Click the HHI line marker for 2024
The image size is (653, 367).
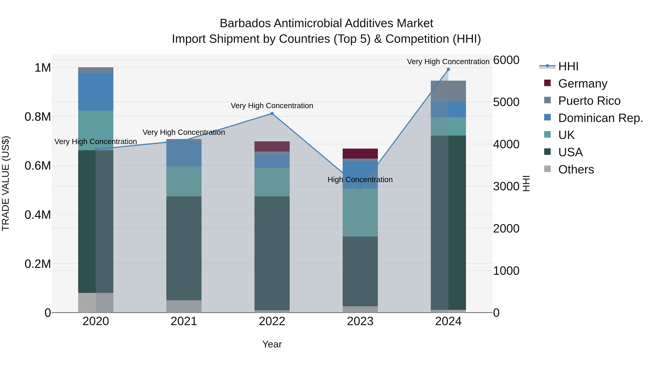coord(448,69)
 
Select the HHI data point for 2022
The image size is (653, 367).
coord(272,113)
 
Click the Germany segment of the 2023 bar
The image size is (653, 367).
coord(360,154)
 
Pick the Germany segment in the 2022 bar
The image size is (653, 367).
coord(272,146)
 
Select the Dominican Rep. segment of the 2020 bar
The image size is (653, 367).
coord(96,92)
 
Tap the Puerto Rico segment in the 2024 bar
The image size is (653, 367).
coord(448,91)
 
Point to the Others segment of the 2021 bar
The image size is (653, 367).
coord(184,306)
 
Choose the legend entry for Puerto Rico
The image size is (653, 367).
coord(589,101)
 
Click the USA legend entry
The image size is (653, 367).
coord(570,152)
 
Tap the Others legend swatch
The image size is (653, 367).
coord(547,169)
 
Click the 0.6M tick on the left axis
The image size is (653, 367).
coord(38,166)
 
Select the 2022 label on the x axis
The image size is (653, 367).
coord(272,321)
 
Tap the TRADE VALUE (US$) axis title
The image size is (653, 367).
coord(6,183)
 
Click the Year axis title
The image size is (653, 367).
coord(272,344)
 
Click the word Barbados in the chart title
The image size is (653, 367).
coord(245,23)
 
